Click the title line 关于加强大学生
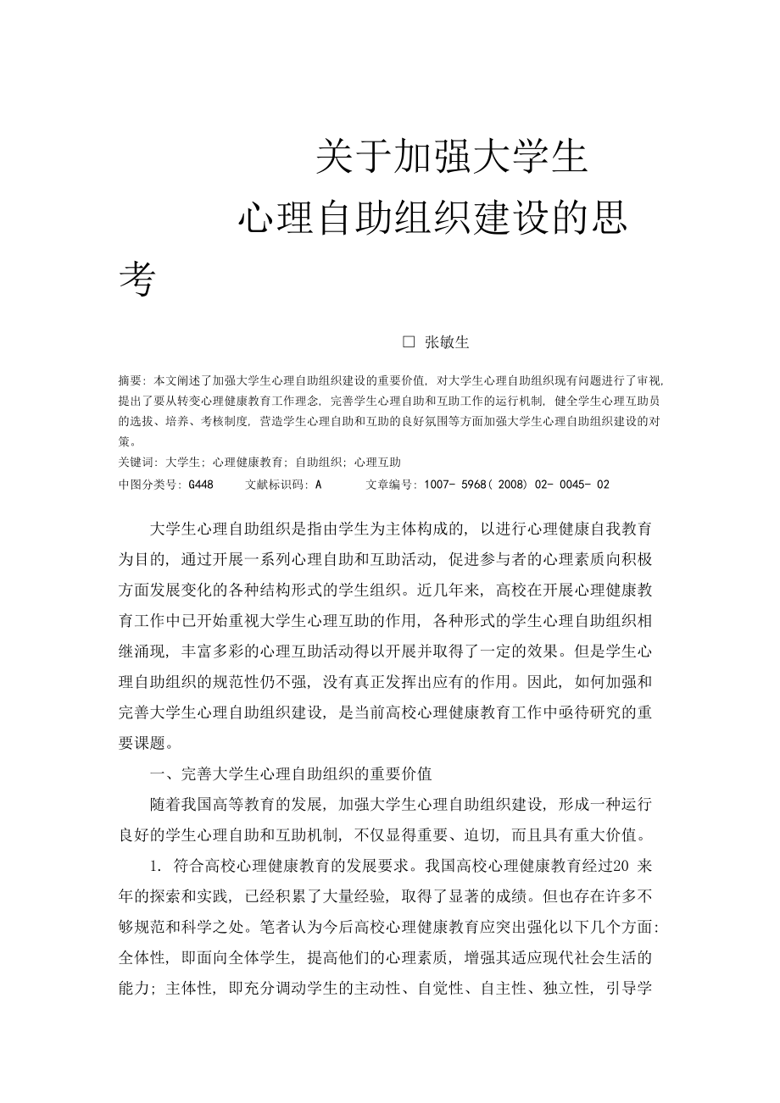[451, 158]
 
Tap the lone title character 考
[136, 280]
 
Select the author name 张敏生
[447, 342]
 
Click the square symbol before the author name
[409, 342]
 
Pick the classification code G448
[201, 485]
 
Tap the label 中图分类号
[149, 485]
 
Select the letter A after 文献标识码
[318, 485]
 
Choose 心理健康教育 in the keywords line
[248, 463]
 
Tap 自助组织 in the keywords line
[319, 463]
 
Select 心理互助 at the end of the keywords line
[377, 463]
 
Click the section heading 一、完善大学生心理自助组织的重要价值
[290, 773]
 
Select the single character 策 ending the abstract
[125, 441]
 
